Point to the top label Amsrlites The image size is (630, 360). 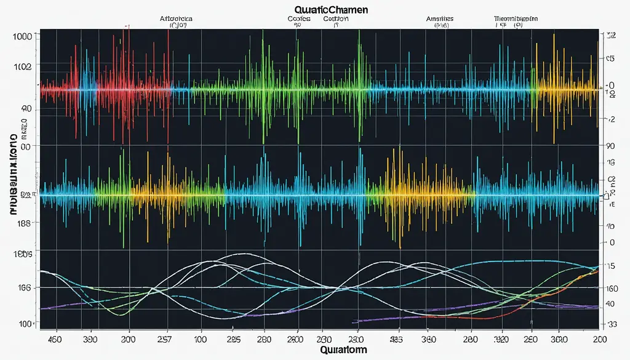(440, 18)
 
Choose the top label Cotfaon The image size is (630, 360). (336, 18)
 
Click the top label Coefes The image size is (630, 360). (298, 18)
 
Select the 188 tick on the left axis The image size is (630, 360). (22, 224)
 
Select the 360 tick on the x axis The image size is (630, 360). (428, 338)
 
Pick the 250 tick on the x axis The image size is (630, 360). (530, 338)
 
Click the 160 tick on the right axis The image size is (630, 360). (612, 288)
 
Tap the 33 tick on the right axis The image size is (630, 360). (612, 324)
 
